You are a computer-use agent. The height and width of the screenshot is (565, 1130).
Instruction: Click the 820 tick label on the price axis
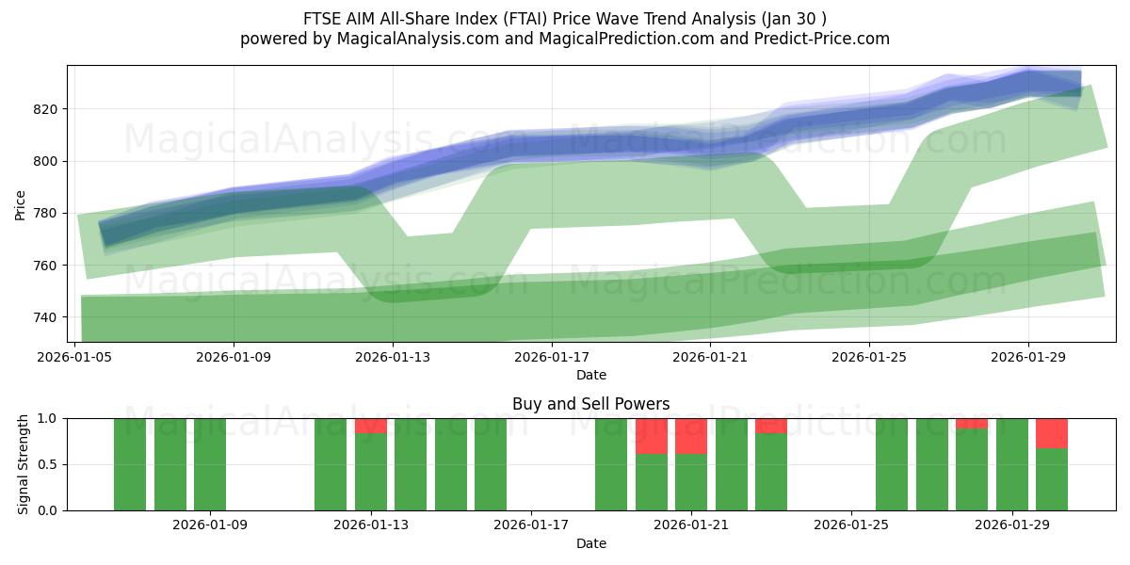tap(47, 109)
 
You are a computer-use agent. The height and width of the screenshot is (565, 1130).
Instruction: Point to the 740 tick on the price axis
tap(47, 317)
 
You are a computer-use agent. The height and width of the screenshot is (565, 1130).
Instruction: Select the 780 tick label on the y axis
tap(47, 214)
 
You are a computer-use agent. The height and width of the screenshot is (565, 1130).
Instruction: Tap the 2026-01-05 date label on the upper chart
tap(75, 358)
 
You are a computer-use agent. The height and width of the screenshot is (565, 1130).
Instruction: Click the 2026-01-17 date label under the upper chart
tap(552, 358)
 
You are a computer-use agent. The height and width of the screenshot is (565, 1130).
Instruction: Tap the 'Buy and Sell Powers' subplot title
tap(590, 404)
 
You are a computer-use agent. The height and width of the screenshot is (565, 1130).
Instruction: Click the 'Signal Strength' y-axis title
tap(24, 464)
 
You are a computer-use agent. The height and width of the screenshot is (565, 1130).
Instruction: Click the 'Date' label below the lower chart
tap(590, 543)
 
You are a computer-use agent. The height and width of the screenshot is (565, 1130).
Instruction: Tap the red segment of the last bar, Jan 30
tap(1051, 433)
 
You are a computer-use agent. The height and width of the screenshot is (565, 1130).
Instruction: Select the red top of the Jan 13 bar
tap(371, 426)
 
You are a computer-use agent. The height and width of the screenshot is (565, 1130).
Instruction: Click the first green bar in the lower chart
tap(130, 464)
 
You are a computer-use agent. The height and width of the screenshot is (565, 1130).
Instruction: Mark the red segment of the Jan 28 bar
tap(972, 424)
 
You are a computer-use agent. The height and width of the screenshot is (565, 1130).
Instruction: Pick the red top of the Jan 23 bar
tap(771, 426)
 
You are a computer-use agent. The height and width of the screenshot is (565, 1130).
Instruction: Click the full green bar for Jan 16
tap(491, 464)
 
